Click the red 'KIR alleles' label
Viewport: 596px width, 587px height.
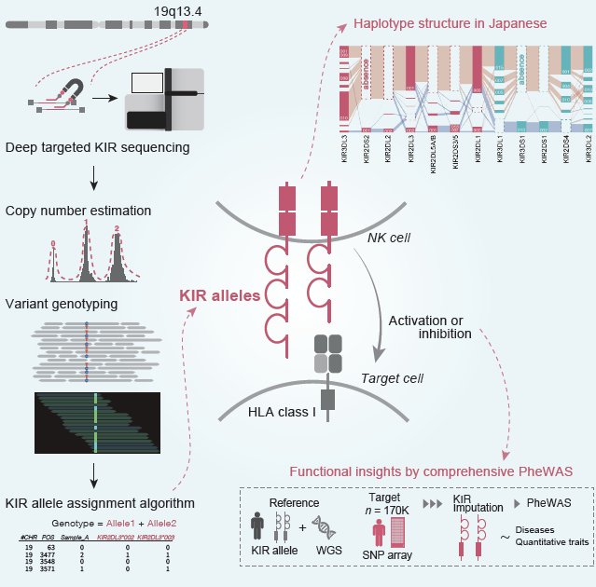[x=220, y=295]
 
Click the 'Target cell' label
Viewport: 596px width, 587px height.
[x=392, y=378]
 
